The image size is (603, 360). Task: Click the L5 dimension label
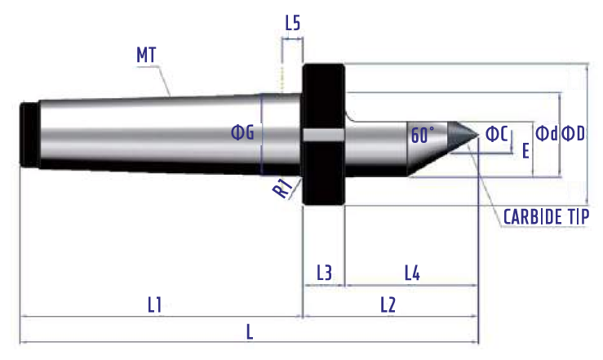(x=293, y=23)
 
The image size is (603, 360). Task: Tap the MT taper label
(x=146, y=55)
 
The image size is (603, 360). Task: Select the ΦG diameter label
(x=242, y=133)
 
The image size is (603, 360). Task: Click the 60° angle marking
(x=423, y=135)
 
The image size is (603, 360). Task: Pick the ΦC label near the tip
(x=497, y=134)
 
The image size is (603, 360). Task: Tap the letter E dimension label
(x=525, y=151)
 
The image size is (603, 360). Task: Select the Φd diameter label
(x=547, y=133)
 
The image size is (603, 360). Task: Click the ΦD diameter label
(x=573, y=134)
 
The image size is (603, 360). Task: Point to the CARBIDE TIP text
(x=546, y=217)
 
